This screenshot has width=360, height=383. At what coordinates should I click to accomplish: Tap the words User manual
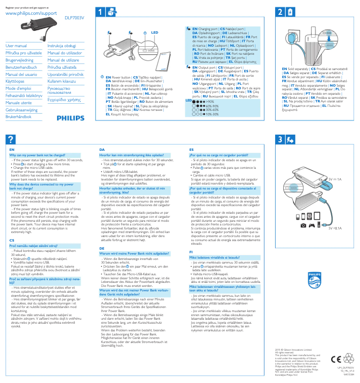tap(16, 46)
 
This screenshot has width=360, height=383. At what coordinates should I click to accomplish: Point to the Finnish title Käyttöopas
tap(15, 81)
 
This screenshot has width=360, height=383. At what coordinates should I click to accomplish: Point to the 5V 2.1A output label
tap(335, 228)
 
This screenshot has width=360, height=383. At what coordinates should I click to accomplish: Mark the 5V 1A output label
tap(335, 179)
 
